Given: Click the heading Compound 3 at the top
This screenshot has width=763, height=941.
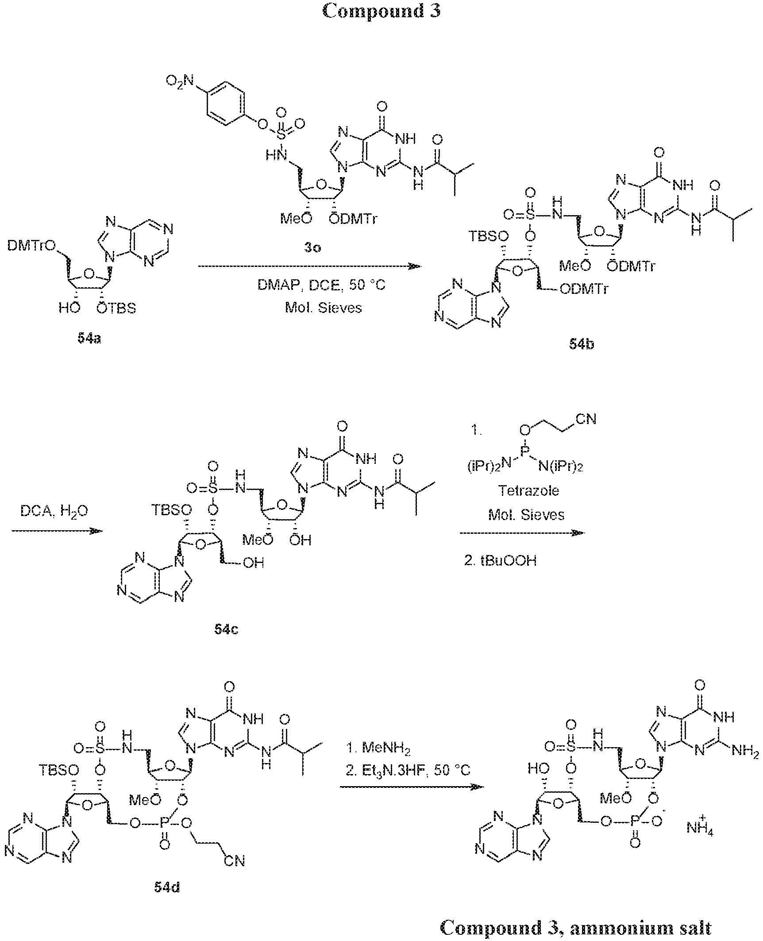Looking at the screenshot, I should (x=381, y=11).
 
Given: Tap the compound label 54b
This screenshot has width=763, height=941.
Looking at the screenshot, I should (x=582, y=344).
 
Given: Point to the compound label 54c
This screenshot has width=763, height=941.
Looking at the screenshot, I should (x=226, y=629).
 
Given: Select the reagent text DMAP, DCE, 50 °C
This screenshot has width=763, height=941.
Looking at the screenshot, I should (x=322, y=285).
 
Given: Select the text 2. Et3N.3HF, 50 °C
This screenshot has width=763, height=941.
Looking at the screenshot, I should (x=408, y=770).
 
